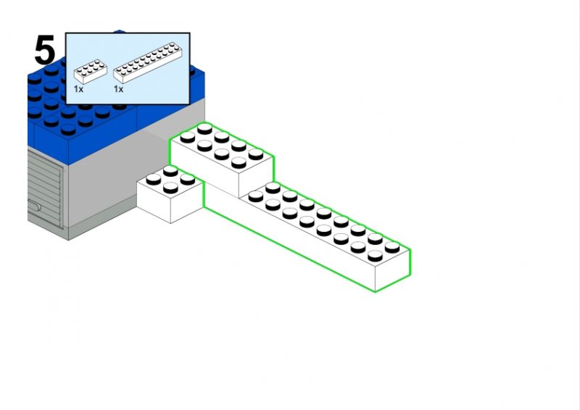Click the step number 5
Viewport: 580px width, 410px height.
pos(44,51)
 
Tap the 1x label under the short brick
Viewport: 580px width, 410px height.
pos(78,89)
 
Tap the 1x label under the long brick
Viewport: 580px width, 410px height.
pos(118,89)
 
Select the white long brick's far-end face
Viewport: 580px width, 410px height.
pos(392,272)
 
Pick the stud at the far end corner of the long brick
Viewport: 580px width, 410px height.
pos(392,247)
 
